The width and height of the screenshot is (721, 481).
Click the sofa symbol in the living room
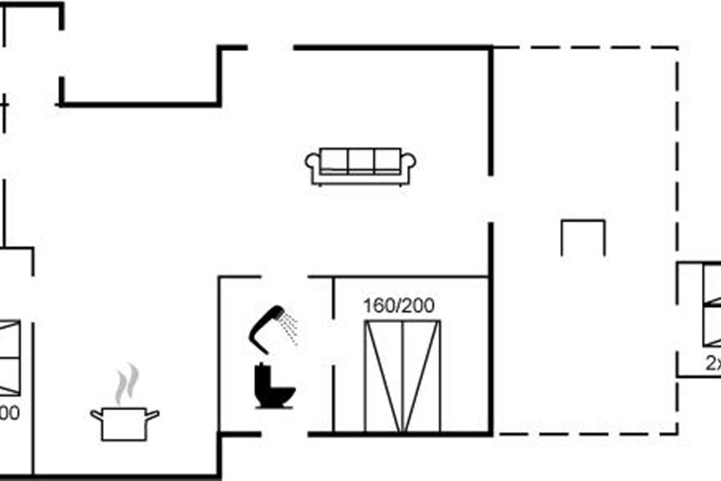coord(360,165)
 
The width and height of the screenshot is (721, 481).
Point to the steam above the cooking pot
coord(127,384)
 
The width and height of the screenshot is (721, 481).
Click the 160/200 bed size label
coord(398,306)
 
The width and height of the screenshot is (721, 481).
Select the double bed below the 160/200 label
coord(402,376)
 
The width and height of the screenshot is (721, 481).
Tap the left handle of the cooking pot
coord(96,415)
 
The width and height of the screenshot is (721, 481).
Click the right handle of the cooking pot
coord(153,415)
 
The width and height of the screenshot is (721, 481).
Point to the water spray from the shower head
coord(291,328)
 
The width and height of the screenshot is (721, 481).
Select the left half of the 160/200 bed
coord(383,376)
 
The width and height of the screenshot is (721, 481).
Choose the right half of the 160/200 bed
coord(421,376)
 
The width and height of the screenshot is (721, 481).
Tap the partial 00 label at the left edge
coord(9,414)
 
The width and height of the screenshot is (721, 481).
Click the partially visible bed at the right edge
coord(712,305)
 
